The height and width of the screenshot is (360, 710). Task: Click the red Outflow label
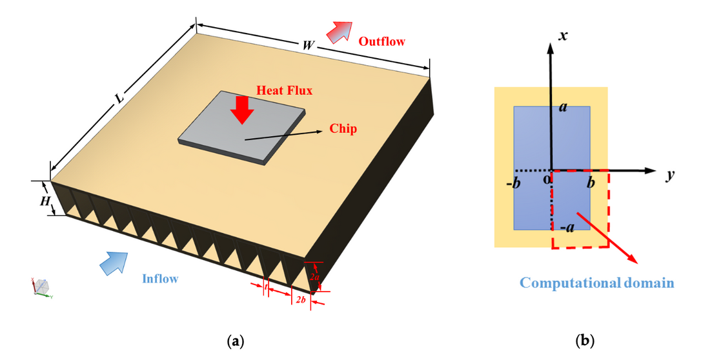pos(382,42)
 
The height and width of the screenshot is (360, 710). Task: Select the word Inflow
pos(160,279)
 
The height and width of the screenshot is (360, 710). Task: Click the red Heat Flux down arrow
pos(243,109)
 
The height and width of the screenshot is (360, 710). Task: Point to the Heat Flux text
pos(285,91)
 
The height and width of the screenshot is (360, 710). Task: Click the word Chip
pos(343,129)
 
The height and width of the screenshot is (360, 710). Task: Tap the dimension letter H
pos(45,201)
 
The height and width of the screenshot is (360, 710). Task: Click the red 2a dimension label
pos(314,276)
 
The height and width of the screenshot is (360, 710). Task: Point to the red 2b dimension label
pos(301,301)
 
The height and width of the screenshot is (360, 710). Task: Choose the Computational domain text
pos(597,283)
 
